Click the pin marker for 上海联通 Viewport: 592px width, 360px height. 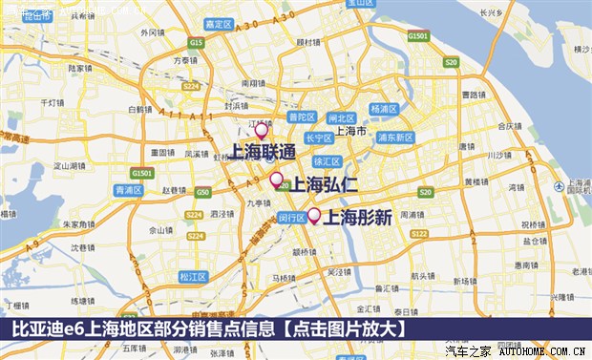coord(261,131)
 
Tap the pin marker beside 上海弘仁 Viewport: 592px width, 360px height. coord(277,180)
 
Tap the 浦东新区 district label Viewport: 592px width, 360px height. coord(393,138)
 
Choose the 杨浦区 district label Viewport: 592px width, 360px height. coord(383,109)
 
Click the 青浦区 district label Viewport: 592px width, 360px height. coord(128,190)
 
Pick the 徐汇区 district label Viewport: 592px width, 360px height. coord(328,161)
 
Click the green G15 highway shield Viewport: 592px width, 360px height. coord(197,43)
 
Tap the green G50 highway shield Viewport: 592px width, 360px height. coord(202,192)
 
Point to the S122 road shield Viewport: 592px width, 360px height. coord(418,232)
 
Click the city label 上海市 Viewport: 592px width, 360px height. coord(355,131)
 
